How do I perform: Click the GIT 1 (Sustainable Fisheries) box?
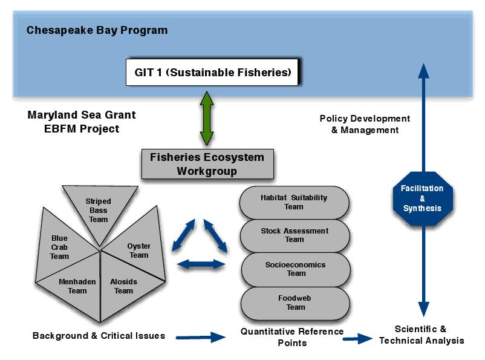(x=212, y=72)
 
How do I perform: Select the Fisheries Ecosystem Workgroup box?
(x=207, y=164)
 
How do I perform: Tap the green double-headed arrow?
(x=207, y=118)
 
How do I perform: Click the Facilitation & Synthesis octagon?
(x=423, y=198)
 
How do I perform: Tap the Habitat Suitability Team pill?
(x=295, y=203)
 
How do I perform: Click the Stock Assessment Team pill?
(x=295, y=236)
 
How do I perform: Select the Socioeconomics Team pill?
(x=296, y=270)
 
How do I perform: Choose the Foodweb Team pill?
(x=295, y=303)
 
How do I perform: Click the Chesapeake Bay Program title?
(x=97, y=30)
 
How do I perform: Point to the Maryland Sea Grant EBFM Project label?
(x=82, y=122)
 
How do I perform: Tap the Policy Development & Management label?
(x=365, y=124)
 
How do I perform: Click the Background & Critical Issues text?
(x=99, y=336)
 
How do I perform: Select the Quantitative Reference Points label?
(x=292, y=337)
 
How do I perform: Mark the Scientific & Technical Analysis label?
(x=422, y=335)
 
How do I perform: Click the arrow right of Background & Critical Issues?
(x=201, y=337)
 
